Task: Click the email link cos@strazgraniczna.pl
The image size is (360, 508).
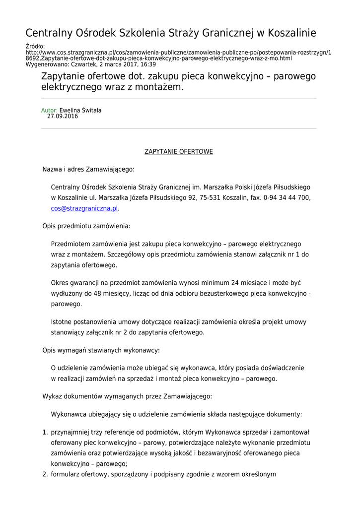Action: click(84, 209)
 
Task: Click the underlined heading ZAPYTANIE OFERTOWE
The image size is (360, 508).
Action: click(178, 151)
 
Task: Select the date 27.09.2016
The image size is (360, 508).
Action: click(63, 117)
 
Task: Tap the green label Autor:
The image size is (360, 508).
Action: click(49, 111)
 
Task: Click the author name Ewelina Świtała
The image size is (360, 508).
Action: click(80, 111)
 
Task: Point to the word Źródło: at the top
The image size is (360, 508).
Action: click(35, 47)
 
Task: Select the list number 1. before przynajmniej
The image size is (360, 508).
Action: click(44, 433)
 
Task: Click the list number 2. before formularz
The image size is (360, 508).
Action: click(44, 474)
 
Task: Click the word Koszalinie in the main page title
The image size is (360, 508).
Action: click(292, 34)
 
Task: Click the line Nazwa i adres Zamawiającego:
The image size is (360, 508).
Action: click(88, 170)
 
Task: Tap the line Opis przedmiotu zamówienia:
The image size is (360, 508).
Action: click(86, 226)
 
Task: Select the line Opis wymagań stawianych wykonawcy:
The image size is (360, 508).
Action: click(101, 350)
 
